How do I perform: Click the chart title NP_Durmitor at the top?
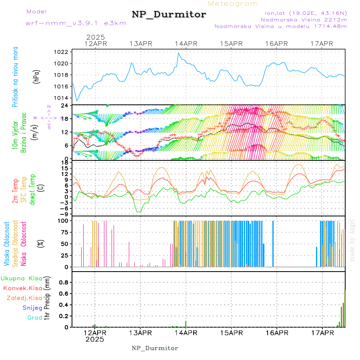(x=169, y=15)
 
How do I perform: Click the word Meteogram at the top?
(x=233, y=4)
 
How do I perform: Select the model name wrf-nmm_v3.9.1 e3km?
(x=76, y=23)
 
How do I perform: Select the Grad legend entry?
(x=34, y=318)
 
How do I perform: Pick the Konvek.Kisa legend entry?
(x=22, y=288)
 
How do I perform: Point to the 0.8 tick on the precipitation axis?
(x=63, y=282)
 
